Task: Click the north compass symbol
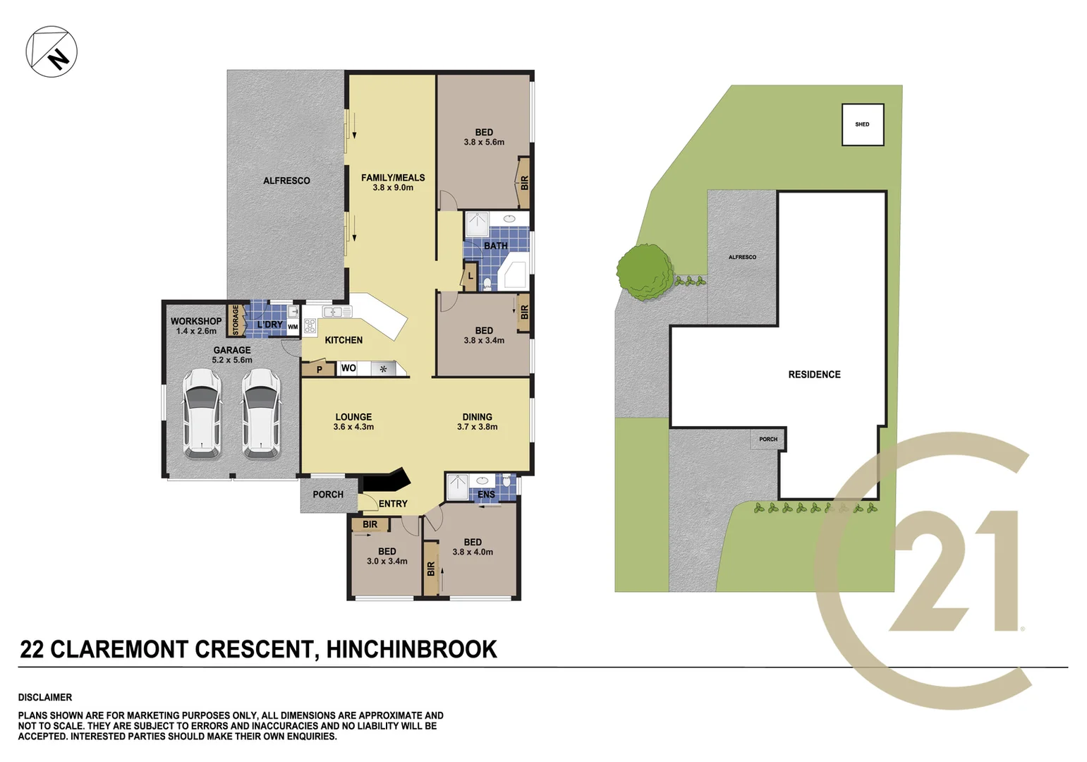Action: (x=51, y=52)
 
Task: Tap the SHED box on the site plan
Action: (x=863, y=125)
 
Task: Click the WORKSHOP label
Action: (x=195, y=321)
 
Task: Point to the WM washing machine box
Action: (x=293, y=327)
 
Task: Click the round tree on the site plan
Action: (x=644, y=272)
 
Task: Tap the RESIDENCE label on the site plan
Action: (x=814, y=375)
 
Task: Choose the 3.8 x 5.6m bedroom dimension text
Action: (x=484, y=143)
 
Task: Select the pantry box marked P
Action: (x=319, y=369)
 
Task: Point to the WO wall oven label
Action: (x=348, y=368)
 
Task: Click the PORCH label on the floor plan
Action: (x=328, y=495)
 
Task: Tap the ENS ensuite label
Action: (x=486, y=495)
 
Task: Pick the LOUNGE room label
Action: (x=353, y=417)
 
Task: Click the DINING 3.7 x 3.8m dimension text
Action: (x=478, y=427)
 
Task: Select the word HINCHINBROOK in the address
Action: (x=411, y=649)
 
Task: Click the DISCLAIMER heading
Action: (x=45, y=697)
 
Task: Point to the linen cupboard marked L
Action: (x=470, y=277)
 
